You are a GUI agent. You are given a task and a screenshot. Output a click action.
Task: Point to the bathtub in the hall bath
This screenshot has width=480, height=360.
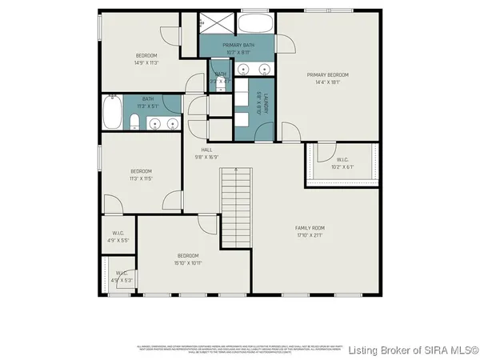pyautogui.click(x=112, y=114)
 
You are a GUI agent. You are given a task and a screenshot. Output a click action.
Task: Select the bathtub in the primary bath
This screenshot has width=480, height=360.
pyautogui.click(x=255, y=24)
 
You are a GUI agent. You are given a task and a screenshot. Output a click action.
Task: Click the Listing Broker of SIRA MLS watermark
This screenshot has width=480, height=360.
pyautogui.click(x=414, y=349)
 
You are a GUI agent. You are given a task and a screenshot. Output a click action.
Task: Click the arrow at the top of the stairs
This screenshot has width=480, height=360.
pyautogui.click(x=236, y=170)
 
